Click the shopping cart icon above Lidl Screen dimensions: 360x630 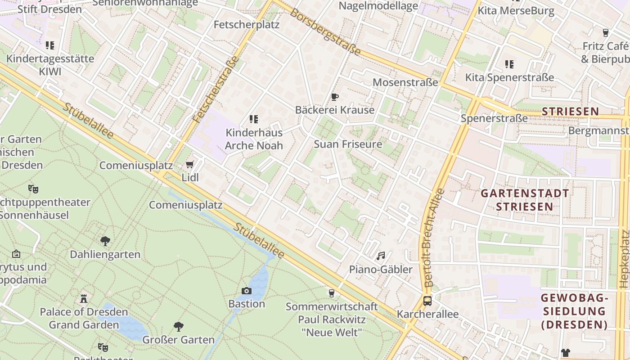pyautogui.click(x=190, y=165)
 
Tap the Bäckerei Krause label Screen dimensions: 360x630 pyautogui.click(x=334, y=110)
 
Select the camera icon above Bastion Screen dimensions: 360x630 pyautogui.click(x=247, y=291)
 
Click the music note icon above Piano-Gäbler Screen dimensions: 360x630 pyautogui.click(x=381, y=256)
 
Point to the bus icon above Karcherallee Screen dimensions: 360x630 pyautogui.click(x=427, y=301)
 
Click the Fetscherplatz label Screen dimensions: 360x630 pyautogui.click(x=247, y=25)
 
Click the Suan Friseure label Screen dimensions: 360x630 pyautogui.click(x=348, y=144)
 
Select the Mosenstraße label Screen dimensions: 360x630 pyautogui.click(x=405, y=82)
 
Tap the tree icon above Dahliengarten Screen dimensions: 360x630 pyautogui.click(x=105, y=241)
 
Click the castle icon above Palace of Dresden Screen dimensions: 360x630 pyautogui.click(x=84, y=298)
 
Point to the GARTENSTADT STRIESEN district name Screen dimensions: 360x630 pyautogui.click(x=525, y=200)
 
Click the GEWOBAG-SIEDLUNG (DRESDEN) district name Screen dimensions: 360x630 pyautogui.click(x=574, y=311)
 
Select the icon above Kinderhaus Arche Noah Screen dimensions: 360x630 pyautogui.click(x=254, y=119)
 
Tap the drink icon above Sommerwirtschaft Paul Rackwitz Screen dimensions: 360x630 pyautogui.click(x=332, y=293)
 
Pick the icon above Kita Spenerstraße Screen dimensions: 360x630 pyautogui.click(x=509, y=64)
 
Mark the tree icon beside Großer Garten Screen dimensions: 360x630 pyautogui.click(x=179, y=326)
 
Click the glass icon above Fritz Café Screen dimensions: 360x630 pyautogui.click(x=605, y=32)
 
